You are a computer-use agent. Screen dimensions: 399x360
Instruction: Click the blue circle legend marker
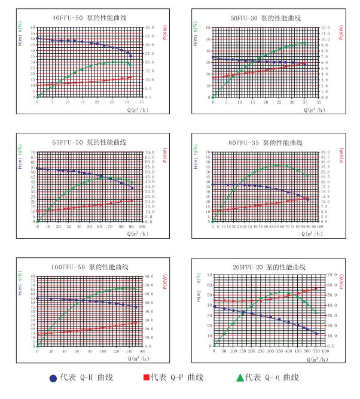(x=54, y=377)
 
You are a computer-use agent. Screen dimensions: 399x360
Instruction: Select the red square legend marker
(x=145, y=377)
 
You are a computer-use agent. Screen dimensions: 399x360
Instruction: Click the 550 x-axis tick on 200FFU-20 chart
(x=317, y=351)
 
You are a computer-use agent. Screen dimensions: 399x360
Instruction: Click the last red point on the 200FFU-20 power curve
(x=317, y=288)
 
